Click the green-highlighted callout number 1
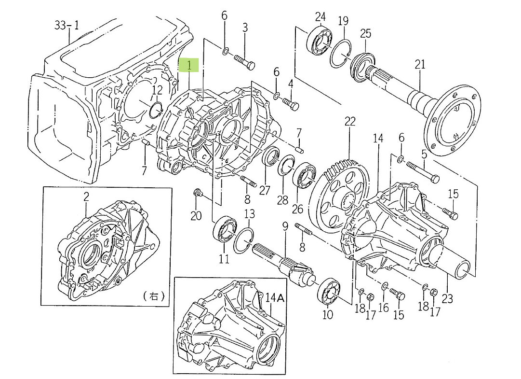click(189, 65)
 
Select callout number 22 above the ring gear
click(349, 121)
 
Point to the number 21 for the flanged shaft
click(420, 64)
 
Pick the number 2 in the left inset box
click(86, 197)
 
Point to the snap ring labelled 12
click(156, 109)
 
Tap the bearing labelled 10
click(329, 292)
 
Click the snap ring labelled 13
click(243, 240)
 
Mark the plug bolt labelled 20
click(196, 194)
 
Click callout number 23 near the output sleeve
click(447, 299)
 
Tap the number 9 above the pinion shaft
click(285, 225)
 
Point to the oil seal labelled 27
click(270, 157)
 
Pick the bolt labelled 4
click(291, 104)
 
